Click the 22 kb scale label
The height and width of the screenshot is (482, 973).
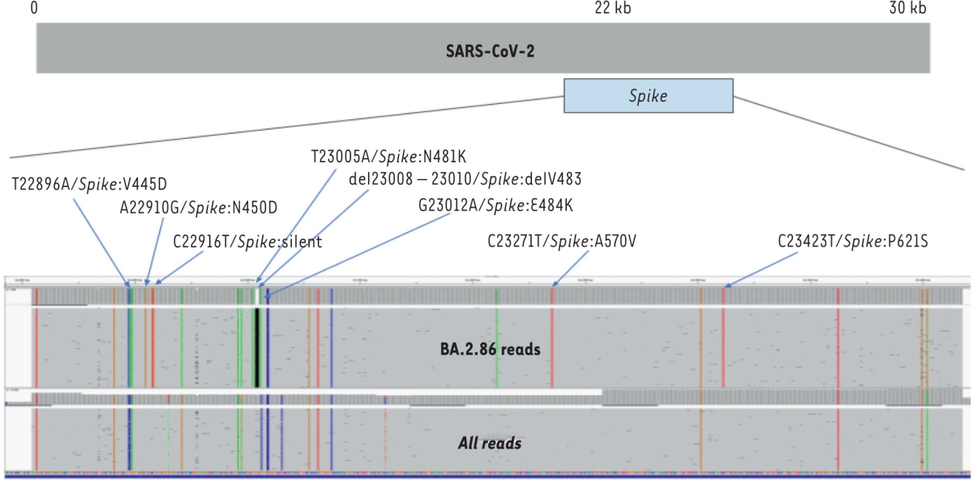pyautogui.click(x=612, y=9)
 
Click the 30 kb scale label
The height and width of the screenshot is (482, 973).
pyautogui.click(x=907, y=9)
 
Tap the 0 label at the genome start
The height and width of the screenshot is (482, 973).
pyautogui.click(x=34, y=9)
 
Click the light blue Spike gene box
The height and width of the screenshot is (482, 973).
pyautogui.click(x=648, y=96)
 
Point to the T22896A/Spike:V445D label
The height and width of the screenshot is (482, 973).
pyautogui.click(x=89, y=183)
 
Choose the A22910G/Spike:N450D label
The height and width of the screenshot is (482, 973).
pyautogui.click(x=198, y=208)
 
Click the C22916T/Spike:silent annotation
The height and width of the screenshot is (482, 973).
pyautogui.click(x=248, y=241)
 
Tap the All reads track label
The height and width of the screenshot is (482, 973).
pyautogui.click(x=489, y=444)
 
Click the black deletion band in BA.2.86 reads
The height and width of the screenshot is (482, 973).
pyautogui.click(x=256, y=349)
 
